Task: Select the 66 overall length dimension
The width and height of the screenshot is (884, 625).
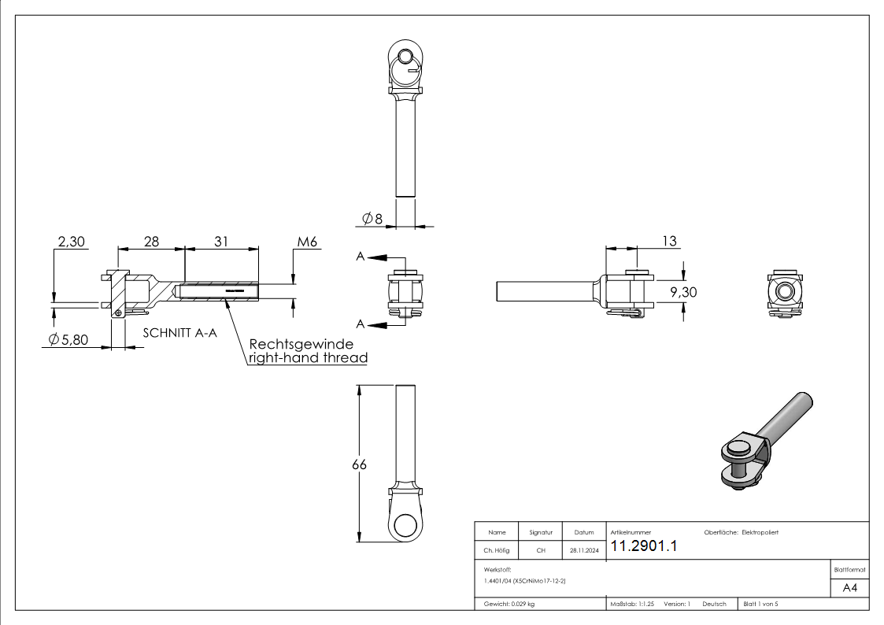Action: point(359,464)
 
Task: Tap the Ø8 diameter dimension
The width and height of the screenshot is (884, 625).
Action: point(372,218)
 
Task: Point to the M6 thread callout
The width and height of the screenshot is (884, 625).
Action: point(307,242)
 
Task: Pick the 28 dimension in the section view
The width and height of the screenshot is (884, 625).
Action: point(150,242)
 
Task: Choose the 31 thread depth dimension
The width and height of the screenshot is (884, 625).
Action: point(221,242)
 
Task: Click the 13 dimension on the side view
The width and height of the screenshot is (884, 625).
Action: point(668,242)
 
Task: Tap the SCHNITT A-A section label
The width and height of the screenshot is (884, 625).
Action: point(179,333)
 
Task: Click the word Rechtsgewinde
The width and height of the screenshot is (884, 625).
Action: point(301,345)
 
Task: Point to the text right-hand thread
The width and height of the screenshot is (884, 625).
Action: point(308,358)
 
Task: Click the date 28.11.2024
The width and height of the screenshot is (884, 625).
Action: point(584,551)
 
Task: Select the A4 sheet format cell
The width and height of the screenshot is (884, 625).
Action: point(850,588)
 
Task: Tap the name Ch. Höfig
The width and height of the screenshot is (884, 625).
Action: point(496,551)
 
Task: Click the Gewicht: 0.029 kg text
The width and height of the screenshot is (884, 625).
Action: point(509,604)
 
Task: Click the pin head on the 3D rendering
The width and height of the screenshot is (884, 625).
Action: point(740,448)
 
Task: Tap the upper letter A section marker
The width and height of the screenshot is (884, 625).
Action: point(360,257)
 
